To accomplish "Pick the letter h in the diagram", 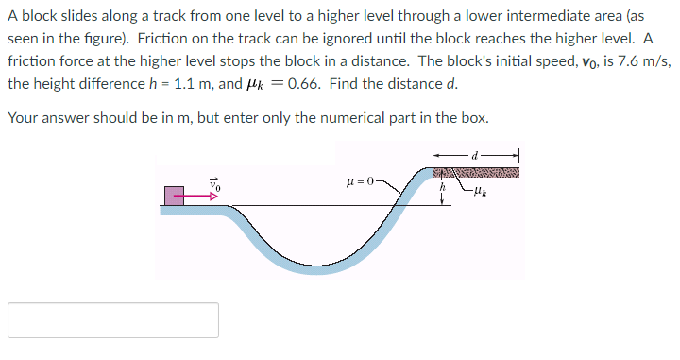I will (441, 187).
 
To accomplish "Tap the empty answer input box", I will (113, 320).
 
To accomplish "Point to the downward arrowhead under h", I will (441, 200).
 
